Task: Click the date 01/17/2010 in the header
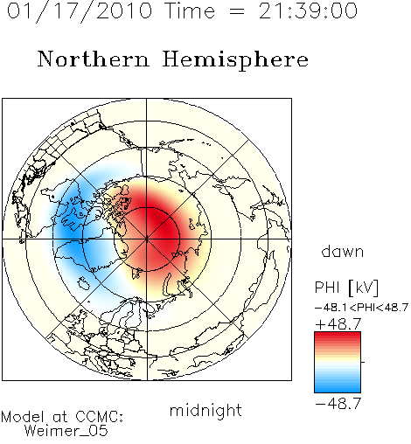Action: coord(80,11)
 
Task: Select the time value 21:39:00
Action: coord(308,10)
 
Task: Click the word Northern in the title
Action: coord(94,59)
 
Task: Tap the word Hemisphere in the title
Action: coord(235,60)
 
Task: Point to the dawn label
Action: coord(343,252)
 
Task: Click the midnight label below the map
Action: coord(205,410)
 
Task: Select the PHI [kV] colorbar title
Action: coord(346,288)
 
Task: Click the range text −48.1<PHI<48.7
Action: coord(361,308)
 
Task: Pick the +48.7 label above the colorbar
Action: coord(338,323)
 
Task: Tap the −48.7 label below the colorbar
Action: coord(338,404)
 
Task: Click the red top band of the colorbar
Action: coord(338,336)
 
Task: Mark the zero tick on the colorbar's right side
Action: coord(363,362)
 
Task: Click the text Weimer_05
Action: coord(66,430)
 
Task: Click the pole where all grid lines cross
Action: coord(147,239)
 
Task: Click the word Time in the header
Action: coord(190,10)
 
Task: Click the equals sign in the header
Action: coord(237,11)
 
